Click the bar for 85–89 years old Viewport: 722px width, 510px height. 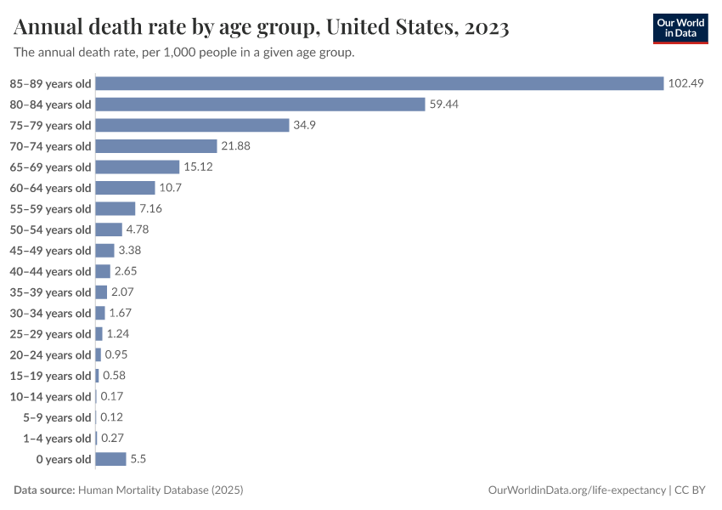click(379, 83)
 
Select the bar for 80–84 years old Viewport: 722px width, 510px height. click(260, 105)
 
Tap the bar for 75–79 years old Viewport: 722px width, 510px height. click(193, 125)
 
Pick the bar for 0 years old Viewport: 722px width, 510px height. click(110, 459)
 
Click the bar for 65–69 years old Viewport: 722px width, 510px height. click(138, 167)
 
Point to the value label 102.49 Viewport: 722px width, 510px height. click(686, 83)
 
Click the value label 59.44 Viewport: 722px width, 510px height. click(444, 105)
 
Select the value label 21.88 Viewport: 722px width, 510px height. click(235, 146)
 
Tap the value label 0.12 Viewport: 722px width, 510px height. click(112, 417)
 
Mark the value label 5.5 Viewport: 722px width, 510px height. click(138, 459)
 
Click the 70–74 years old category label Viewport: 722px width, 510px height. click(50, 146)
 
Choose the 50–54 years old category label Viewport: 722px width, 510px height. click(50, 229)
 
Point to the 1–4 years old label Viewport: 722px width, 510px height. click(55, 439)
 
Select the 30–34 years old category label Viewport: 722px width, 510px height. click(50, 313)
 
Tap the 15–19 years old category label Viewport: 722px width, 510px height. click(50, 376)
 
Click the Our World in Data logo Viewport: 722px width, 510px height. click(680, 27)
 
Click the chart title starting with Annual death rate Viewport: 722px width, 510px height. click(262, 27)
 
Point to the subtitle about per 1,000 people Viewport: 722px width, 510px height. click(184, 53)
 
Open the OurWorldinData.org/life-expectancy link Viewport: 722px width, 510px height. click(577, 490)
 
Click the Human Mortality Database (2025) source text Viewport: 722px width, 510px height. click(161, 490)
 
